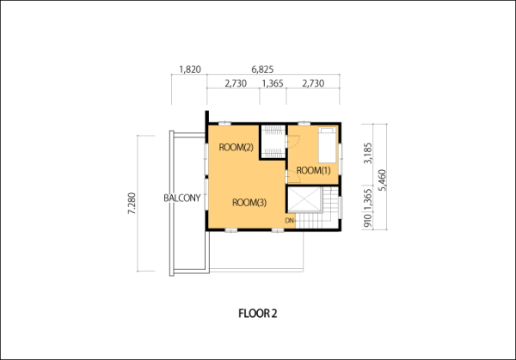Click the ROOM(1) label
pos(313,171)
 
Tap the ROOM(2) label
pos(236,147)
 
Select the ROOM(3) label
pos(249,203)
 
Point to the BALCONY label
pos(182,198)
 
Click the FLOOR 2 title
pos(258,314)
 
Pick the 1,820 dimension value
pos(190,70)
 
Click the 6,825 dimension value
pos(262,70)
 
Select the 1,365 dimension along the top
pos(273,83)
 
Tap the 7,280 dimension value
pos(132,203)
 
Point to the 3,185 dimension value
pos(367,153)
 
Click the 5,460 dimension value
pos(382,180)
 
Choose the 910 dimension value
pos(367,221)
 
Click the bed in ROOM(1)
pos(328,145)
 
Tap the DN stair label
pos(290,221)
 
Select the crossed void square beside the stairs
pos(304,199)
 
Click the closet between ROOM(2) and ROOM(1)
pos(273,142)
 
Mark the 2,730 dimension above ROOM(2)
pos(236,83)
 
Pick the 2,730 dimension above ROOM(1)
pos(313,83)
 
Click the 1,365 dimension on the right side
pos(367,199)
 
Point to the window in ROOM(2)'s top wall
pos(224,124)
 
